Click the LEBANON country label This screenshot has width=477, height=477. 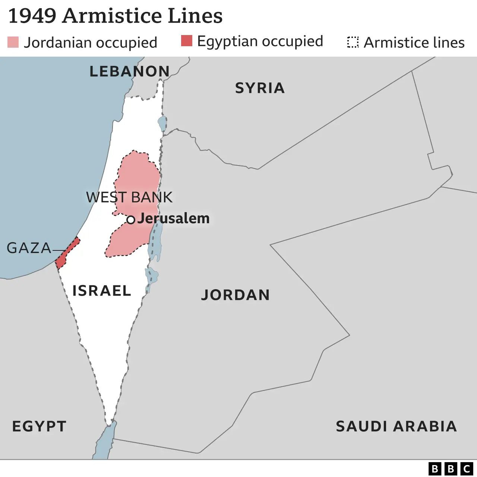129,71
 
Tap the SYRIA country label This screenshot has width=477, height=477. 260,88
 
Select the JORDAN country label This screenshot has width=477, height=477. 236,295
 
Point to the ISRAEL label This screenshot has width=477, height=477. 102,291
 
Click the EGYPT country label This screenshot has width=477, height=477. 40,426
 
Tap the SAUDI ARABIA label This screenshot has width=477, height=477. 396,426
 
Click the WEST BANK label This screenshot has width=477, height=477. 129,197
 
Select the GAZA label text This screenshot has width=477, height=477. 29,248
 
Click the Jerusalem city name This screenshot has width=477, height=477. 174,218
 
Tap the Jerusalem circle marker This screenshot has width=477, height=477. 130,220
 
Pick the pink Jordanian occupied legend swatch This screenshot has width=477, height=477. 13,42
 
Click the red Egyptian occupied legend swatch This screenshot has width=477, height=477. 187,41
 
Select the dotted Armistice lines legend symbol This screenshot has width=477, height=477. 353,42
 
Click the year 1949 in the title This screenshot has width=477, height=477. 32,16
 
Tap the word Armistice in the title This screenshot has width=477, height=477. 112,16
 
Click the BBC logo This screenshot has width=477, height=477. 451,468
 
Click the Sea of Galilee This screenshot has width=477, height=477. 162,123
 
